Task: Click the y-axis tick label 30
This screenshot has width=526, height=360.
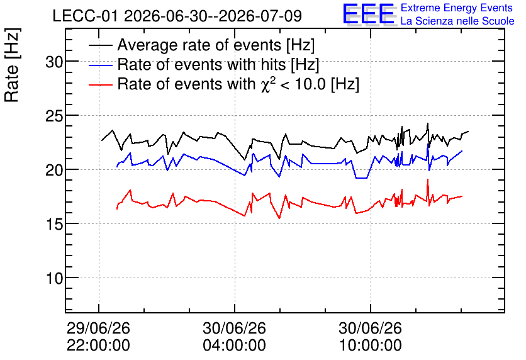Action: click(x=54, y=62)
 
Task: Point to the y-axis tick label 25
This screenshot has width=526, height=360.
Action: click(x=54, y=116)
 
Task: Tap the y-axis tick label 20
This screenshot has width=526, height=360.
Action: click(x=54, y=171)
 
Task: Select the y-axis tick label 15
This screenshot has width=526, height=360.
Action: click(x=54, y=225)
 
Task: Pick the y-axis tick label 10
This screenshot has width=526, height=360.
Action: click(x=54, y=278)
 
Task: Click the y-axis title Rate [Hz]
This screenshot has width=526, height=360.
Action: click(x=12, y=65)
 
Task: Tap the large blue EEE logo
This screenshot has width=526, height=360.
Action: click(x=368, y=14)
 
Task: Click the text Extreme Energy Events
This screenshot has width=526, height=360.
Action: click(x=457, y=8)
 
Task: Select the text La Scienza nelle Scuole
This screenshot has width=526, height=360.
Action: click(x=457, y=21)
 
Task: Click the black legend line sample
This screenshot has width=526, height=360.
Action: click(x=100, y=45)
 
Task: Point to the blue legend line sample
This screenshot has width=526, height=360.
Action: click(x=100, y=65)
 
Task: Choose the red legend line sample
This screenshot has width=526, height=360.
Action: click(x=100, y=84)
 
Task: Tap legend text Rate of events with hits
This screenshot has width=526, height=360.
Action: click(x=201, y=64)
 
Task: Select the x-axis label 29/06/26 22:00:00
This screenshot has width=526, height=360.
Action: click(x=98, y=337)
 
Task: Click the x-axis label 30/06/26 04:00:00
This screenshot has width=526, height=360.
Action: click(x=234, y=337)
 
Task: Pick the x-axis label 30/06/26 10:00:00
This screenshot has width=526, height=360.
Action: click(x=371, y=337)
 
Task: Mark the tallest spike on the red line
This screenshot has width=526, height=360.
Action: click(x=428, y=180)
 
